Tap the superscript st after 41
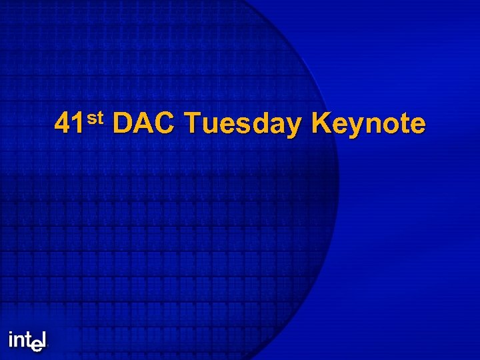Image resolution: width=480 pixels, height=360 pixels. click(95, 119)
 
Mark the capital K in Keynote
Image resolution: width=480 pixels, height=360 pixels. click(321, 125)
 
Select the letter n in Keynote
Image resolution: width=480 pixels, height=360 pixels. click(371, 127)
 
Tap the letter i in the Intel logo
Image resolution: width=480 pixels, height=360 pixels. click(11, 340)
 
